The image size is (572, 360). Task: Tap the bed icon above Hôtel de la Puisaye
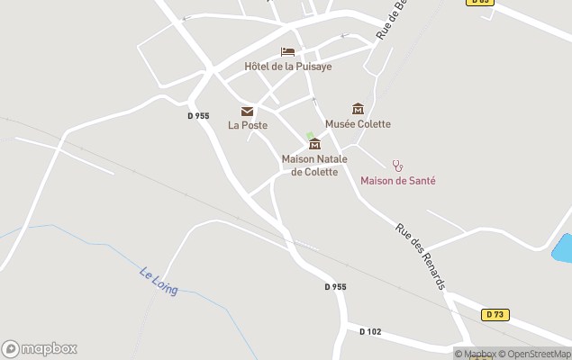coord(287,52)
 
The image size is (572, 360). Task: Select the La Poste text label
coord(248,125)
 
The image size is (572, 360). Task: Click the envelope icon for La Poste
coord(247,111)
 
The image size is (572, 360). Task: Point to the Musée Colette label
coord(358,124)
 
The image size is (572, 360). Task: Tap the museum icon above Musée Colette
coord(358,109)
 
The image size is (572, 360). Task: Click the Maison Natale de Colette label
coord(310,166)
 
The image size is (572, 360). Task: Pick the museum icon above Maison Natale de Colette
coord(314,144)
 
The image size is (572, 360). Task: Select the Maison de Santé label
coord(398,181)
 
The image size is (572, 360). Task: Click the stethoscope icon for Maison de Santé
coord(397,166)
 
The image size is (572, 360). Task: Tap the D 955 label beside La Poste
coord(199,115)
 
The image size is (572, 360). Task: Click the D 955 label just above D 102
coord(335,286)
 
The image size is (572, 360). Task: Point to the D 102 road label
coord(370,331)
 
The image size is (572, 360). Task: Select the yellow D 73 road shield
coord(494,314)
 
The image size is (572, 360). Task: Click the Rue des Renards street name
coord(421,256)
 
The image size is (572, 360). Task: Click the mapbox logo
coord(40,348)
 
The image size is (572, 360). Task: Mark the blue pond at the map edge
coord(563,247)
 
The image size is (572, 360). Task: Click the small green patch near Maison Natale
coord(310,136)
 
